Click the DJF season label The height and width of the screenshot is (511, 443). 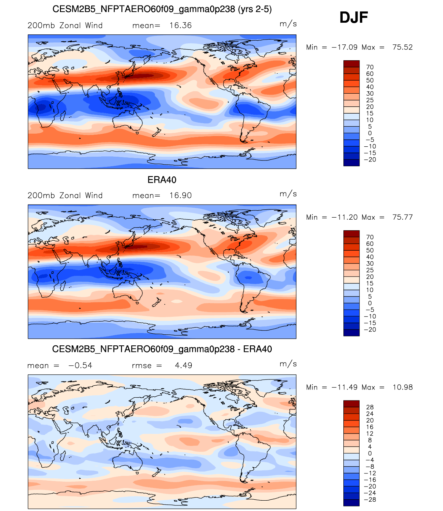coord(354,17)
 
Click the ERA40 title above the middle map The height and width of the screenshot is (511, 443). coord(162,180)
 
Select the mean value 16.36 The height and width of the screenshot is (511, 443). coord(180,25)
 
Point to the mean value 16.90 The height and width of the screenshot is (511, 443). coord(180,196)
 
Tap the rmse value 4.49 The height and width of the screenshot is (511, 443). coord(183,365)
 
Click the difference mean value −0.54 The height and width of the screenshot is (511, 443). coord(80,365)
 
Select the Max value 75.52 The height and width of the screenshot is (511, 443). coord(402,47)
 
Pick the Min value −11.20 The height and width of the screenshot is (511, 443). coord(344,217)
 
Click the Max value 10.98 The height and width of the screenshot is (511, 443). coord(403,387)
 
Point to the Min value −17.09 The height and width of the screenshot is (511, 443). coord(344,47)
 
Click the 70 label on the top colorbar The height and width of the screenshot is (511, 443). coord(370,67)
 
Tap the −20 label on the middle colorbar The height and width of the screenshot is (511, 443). coord(370,330)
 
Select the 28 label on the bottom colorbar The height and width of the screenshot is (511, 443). coord(370,407)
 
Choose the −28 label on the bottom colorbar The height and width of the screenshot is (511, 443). coord(370,500)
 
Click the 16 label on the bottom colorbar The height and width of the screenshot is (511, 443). coord(370,427)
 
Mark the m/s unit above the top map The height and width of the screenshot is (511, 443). coord(288,24)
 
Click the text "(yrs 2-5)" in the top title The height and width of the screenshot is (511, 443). coord(255,9)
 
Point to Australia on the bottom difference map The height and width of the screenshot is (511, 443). coord(127,461)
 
